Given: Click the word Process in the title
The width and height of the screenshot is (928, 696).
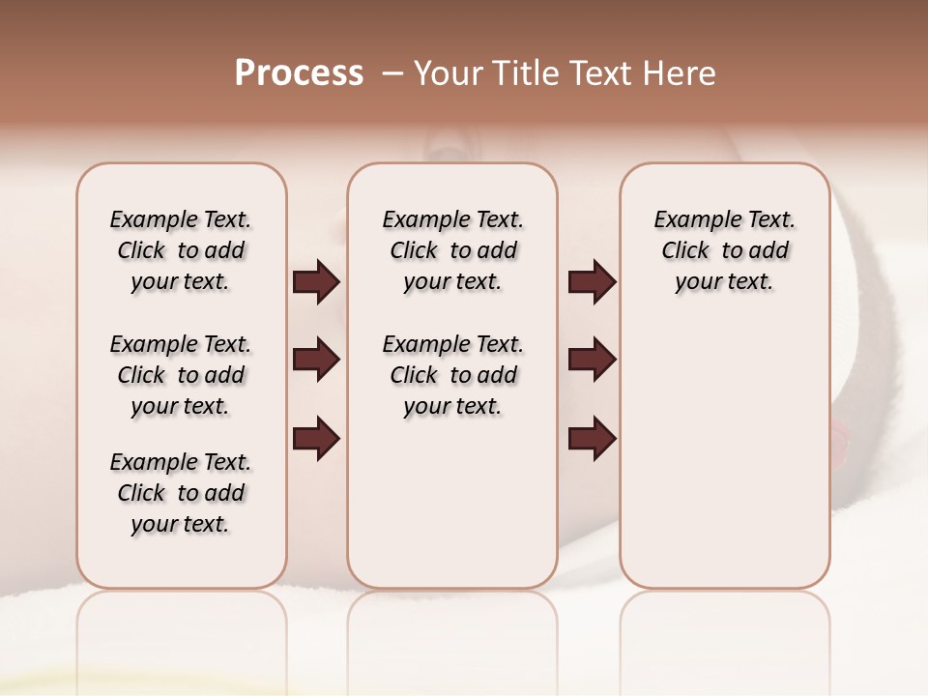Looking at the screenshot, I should coord(299,72).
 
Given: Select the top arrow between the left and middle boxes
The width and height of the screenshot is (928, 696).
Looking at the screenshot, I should coord(316,282).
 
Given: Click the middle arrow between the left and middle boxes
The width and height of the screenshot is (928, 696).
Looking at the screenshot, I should coord(316,360).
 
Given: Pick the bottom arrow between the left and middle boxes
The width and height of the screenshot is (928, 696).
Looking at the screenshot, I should coord(316,438).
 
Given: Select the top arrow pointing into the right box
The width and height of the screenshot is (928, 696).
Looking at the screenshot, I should coord(592,282).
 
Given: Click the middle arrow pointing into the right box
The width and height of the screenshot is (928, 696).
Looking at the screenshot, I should coord(592,360).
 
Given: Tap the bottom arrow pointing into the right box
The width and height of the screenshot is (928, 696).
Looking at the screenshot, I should coord(592,438).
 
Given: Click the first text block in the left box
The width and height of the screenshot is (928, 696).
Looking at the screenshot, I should coord(181,250).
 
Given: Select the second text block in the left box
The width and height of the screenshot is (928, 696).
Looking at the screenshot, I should coord(181,375).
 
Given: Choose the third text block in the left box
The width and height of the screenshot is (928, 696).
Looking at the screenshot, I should coord(181,493).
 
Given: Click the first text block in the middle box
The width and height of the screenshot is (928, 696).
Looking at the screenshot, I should coord(452,250).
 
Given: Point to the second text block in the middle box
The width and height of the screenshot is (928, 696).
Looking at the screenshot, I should coord(452,375).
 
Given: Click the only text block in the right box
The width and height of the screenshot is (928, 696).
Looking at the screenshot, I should coord(724,250).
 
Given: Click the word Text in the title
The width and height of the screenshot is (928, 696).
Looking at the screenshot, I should coord(600,73).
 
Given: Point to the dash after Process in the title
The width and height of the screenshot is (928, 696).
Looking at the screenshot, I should coord(391,73).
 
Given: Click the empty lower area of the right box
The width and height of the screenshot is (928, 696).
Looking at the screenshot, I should coord(724,464).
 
